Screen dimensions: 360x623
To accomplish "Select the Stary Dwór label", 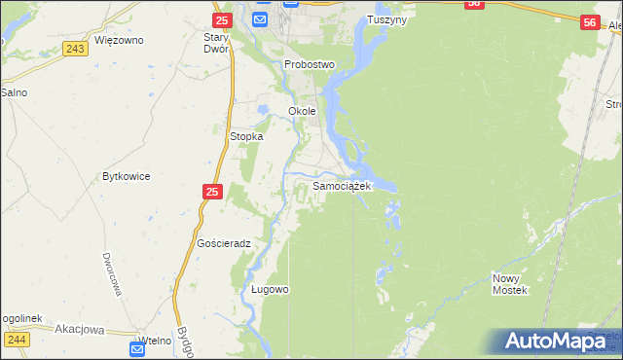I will pos(215,43).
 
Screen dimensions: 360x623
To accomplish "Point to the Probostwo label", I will pos(310,64).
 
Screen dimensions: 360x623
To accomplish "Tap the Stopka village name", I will pos(246,137).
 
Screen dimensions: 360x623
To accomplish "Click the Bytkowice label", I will pos(126,177).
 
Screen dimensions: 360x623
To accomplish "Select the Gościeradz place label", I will pos(224,243).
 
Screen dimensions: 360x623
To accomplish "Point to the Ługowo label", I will pos(270,290).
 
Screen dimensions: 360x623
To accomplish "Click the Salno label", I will pos(14,92).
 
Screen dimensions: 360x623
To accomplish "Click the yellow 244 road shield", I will pos(16,339).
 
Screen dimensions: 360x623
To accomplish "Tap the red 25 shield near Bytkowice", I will pos(213,194).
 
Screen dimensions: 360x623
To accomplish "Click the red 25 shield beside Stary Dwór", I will pos(222,19).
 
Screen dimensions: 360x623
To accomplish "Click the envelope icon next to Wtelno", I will pos(137,347).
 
